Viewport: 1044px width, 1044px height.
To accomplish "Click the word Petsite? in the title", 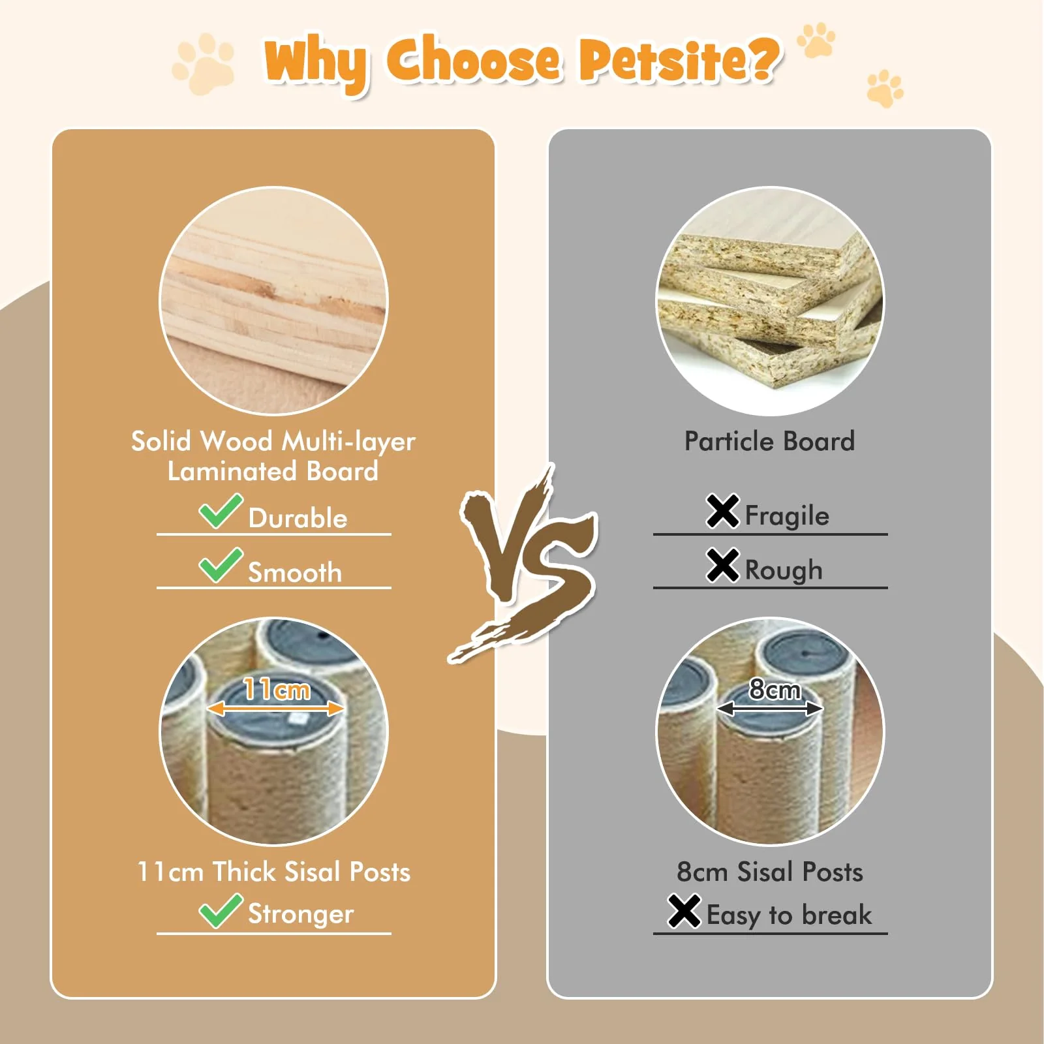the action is (679, 60).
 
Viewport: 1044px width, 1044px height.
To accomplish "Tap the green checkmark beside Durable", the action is (221, 511).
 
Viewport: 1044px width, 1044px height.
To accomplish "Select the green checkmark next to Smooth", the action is (221, 565).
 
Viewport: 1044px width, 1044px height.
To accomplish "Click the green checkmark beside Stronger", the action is (221, 910).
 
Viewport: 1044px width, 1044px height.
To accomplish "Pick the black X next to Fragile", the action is (722, 511).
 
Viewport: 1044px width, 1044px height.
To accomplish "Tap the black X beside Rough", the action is (722, 565).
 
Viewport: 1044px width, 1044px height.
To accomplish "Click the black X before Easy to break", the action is (684, 911).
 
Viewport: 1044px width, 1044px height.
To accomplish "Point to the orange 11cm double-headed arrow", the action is (275, 709).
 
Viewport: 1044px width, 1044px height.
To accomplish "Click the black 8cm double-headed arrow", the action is (770, 709).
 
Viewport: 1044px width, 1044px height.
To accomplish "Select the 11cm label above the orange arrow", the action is (277, 688).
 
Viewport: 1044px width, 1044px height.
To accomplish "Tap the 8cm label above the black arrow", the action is (775, 688).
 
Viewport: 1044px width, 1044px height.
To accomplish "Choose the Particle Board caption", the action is (769, 441).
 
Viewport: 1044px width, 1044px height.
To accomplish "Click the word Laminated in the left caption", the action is (232, 471).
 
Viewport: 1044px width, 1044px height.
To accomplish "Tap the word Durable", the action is (298, 518).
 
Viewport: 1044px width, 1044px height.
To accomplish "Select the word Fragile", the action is (787, 515).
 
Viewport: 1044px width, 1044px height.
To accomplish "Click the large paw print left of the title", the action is (204, 63).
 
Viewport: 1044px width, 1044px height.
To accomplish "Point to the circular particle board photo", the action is (770, 301).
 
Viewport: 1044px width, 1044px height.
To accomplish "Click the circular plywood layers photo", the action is (274, 301).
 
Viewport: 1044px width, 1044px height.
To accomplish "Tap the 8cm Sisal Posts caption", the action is (770, 872).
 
